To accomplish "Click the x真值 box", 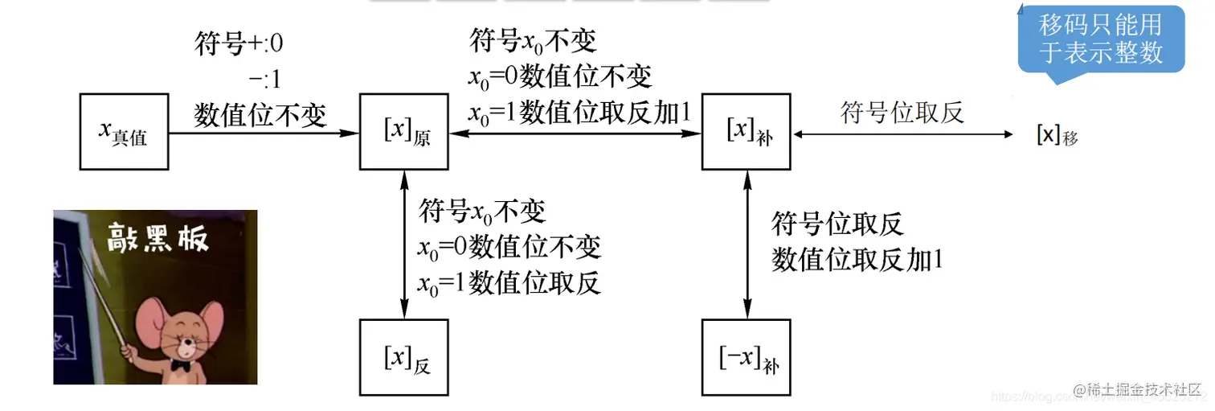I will (x=124, y=132).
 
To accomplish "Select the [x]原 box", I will (x=403, y=132).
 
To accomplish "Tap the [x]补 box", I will (x=747, y=132).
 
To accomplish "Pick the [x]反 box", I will (x=403, y=357).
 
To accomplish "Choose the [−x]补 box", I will (x=747, y=357).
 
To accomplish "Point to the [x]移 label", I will (x=1057, y=135).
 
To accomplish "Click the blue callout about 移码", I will (x=1100, y=40).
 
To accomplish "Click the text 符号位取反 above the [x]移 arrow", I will (x=902, y=112).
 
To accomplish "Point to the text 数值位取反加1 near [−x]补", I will (x=857, y=259).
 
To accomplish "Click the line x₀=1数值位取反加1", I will (x=579, y=113).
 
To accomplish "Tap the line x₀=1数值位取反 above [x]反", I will (x=509, y=282).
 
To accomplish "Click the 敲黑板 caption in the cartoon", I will (x=158, y=239).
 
